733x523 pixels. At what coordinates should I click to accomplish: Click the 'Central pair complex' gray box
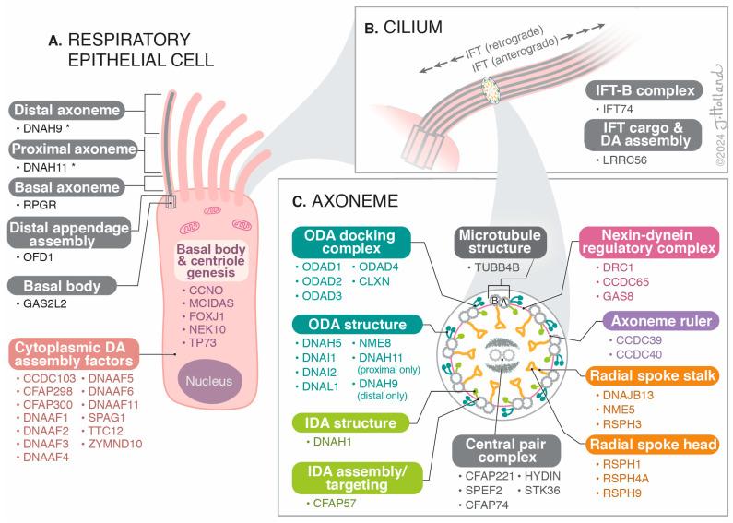[x=508, y=446]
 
